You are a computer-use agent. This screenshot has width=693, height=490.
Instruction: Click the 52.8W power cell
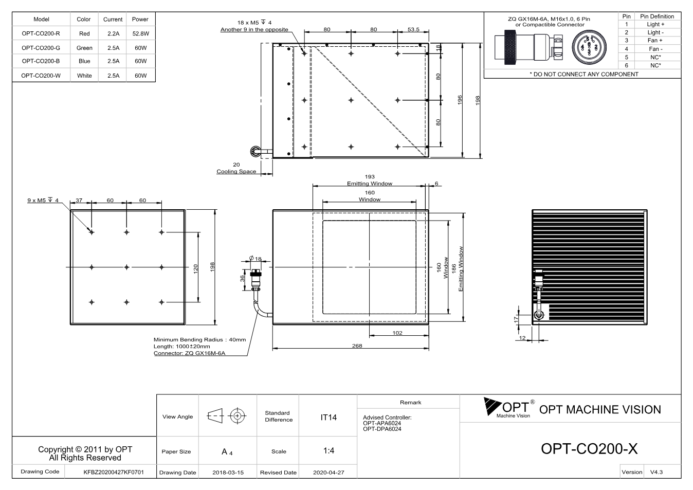[141, 33]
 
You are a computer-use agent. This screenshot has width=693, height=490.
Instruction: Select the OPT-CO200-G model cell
[41, 48]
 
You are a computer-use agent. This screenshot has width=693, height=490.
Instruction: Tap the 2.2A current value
[113, 33]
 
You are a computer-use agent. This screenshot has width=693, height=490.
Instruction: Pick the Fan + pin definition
[655, 41]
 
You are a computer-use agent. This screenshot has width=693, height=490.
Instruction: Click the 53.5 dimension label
[413, 29]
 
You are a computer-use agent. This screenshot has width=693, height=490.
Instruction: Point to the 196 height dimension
[460, 100]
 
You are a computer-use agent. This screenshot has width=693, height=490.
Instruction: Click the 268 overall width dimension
[357, 346]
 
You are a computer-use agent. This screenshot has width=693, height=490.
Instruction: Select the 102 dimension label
[397, 333]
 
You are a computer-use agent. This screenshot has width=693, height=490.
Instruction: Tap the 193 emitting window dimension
[370, 177]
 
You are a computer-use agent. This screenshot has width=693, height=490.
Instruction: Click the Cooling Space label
[236, 171]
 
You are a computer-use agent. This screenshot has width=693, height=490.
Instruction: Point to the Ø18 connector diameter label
[256, 258]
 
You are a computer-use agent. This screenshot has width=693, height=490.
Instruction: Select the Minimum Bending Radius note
[199, 340]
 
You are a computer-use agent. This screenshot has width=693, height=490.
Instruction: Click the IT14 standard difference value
[328, 418]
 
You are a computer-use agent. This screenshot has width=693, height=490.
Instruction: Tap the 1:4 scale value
[329, 451]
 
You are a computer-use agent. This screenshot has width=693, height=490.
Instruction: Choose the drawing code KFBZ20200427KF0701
[114, 472]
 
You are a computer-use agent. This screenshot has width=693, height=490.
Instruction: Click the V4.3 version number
[656, 472]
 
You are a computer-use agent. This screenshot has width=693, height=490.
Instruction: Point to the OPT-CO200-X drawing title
[589, 449]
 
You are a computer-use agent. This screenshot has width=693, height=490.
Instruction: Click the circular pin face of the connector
[589, 47]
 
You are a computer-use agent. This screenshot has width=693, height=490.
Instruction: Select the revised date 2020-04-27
[329, 473]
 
